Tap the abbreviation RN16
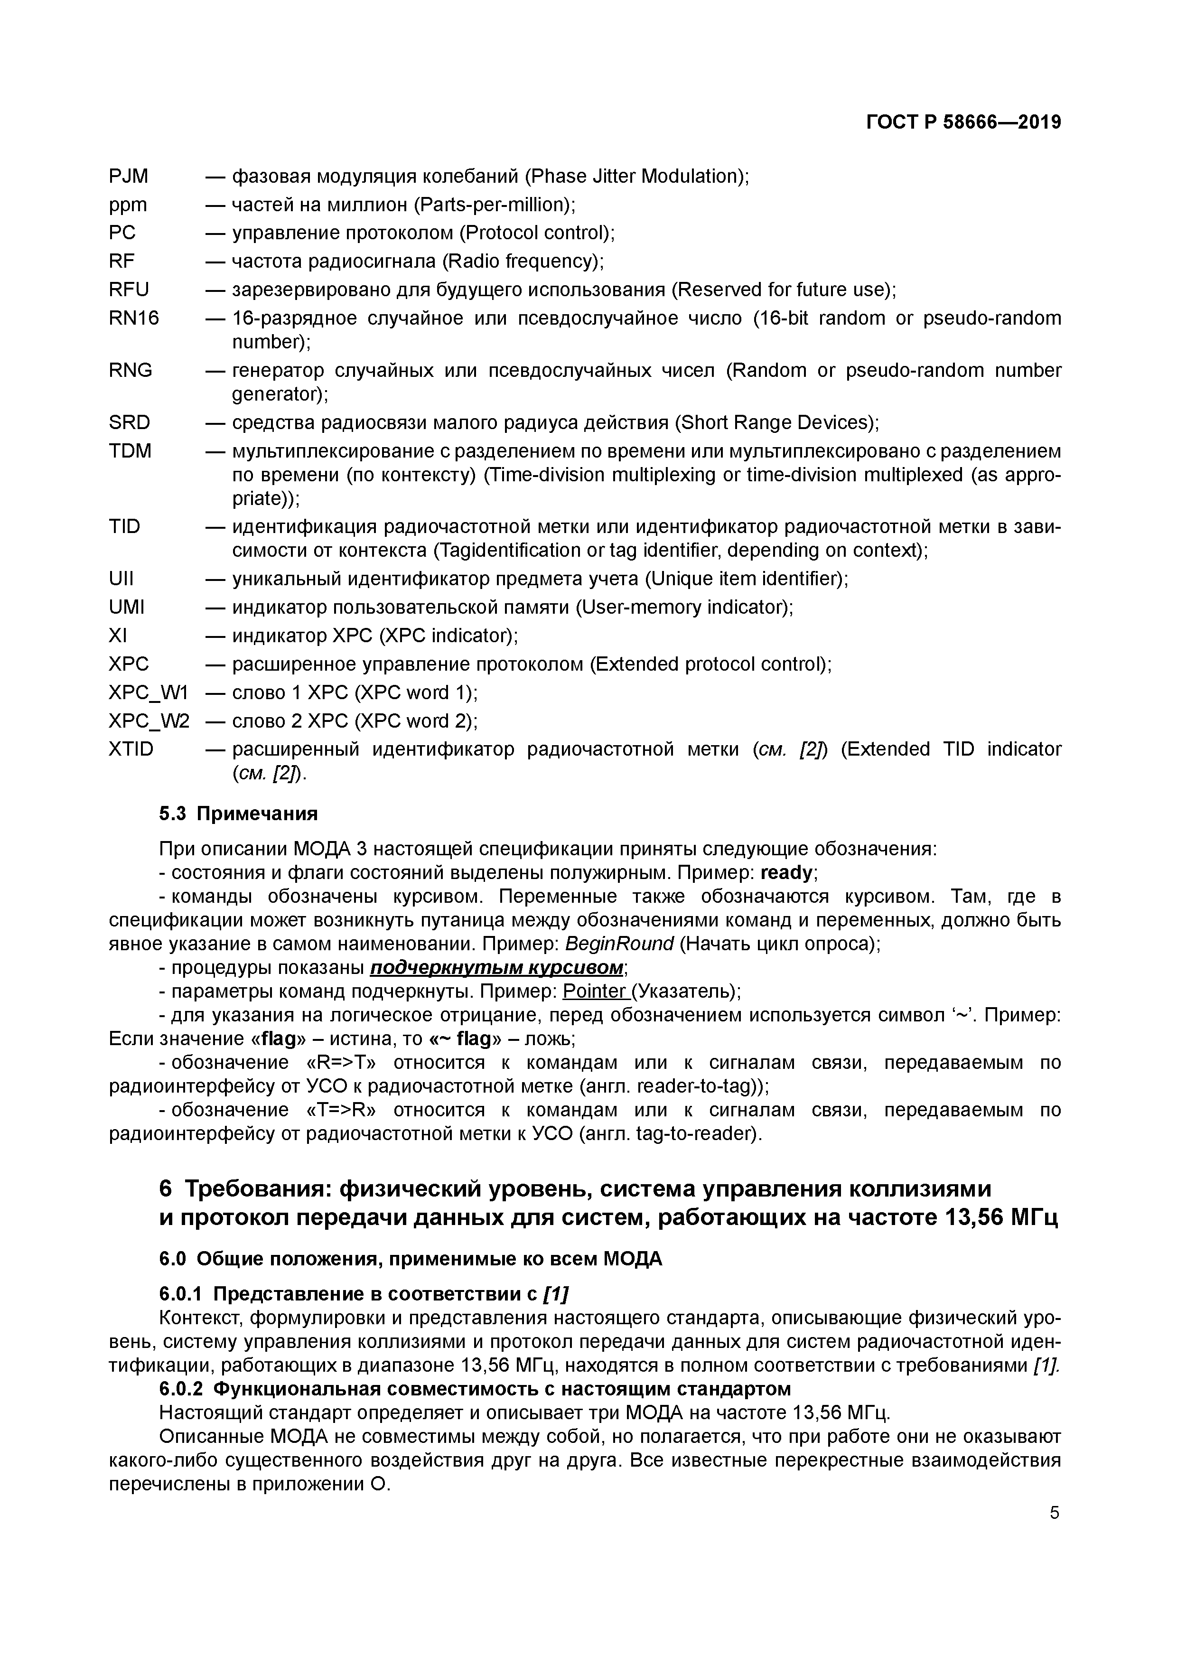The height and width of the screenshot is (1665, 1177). tap(133, 318)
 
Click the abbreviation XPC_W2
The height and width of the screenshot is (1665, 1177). tap(149, 721)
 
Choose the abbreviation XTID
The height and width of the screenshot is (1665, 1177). tap(131, 749)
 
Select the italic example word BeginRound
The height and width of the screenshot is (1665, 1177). tap(618, 944)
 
